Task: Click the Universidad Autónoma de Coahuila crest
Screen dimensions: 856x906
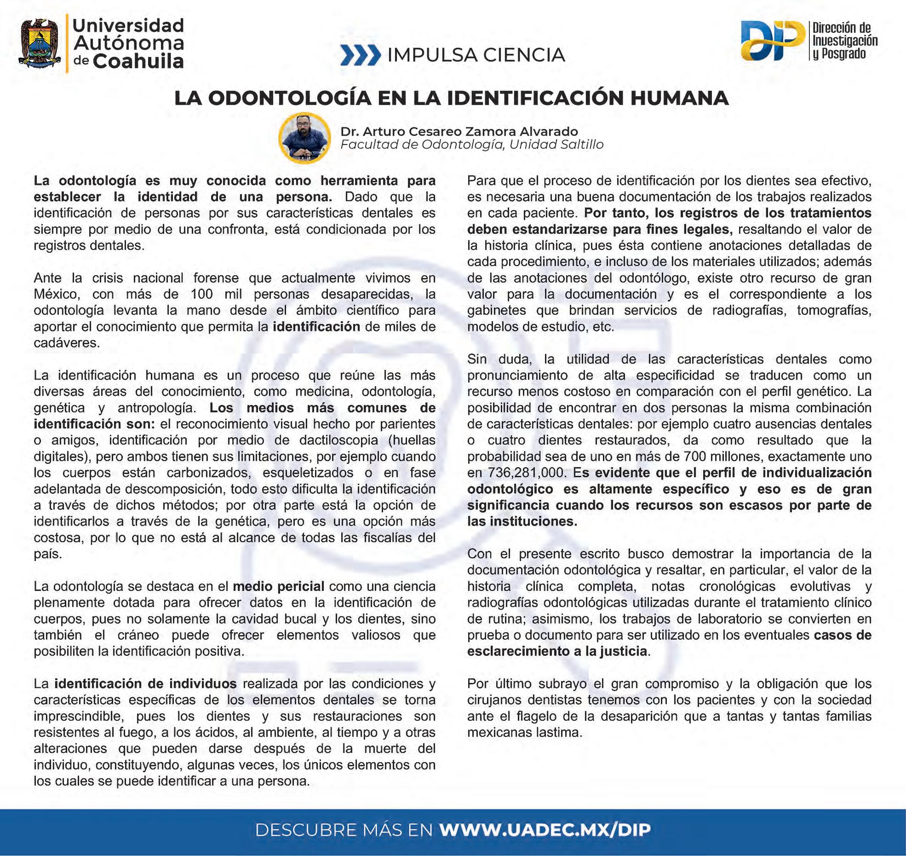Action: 40,42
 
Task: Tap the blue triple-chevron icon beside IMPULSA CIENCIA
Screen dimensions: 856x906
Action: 360,55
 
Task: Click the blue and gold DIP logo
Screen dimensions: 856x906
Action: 772,40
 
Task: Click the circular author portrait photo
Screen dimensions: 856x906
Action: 304,138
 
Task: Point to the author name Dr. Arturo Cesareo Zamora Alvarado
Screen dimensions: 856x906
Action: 459,131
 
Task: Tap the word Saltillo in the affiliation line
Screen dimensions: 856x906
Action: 579,145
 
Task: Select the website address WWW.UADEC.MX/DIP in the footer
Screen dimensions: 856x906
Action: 545,830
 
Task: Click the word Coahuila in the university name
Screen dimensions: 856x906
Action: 138,61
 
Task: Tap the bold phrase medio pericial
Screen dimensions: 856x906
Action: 278,586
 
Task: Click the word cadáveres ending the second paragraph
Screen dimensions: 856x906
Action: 67,343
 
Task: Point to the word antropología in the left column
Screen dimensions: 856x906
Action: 157,408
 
